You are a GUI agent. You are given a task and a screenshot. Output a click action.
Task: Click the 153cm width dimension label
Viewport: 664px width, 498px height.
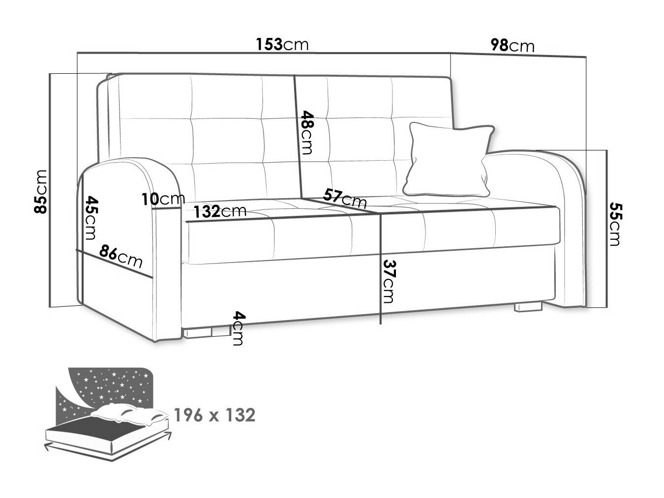(x=282, y=44)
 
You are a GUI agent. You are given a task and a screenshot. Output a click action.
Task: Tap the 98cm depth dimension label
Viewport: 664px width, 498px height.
(x=513, y=46)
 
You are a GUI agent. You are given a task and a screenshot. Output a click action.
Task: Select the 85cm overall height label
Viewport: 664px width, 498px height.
(x=41, y=192)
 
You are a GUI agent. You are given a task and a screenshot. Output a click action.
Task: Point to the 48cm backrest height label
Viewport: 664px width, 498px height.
(x=306, y=133)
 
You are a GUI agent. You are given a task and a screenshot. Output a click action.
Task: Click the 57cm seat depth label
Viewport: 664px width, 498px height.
(x=345, y=198)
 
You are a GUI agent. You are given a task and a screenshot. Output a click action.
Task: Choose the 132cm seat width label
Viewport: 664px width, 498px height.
(x=220, y=211)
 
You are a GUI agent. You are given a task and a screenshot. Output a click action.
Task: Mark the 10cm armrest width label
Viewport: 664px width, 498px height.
(x=163, y=199)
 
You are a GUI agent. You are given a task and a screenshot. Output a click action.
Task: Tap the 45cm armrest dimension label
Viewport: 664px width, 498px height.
(x=91, y=218)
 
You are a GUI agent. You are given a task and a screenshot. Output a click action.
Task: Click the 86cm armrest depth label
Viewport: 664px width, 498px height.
(x=121, y=257)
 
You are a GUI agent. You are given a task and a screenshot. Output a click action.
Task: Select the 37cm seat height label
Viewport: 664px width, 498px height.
(x=388, y=281)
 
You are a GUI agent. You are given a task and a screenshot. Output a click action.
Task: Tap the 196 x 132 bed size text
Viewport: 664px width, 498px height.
(x=214, y=415)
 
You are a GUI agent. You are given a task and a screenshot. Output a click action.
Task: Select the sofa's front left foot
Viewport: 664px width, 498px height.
(x=207, y=332)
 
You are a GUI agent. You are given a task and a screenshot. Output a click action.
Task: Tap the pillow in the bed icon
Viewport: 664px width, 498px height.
(x=130, y=413)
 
